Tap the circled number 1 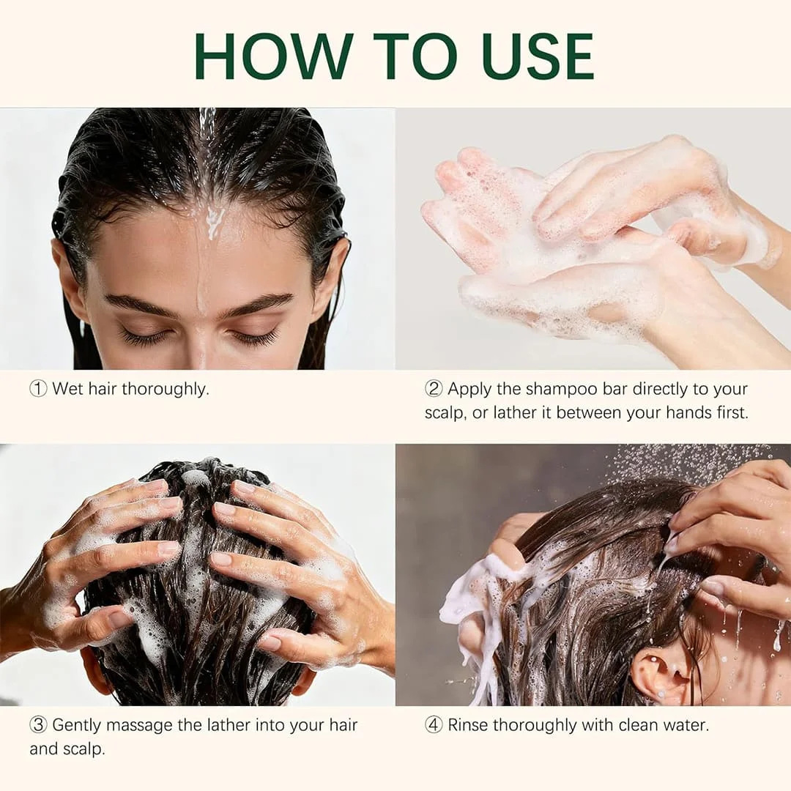(38, 389)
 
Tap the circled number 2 (434, 389)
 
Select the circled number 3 (38, 725)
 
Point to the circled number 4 (434, 725)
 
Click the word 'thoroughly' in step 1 (165, 390)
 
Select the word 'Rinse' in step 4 (467, 725)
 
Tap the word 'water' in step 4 (686, 725)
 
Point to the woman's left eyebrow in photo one (259, 305)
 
